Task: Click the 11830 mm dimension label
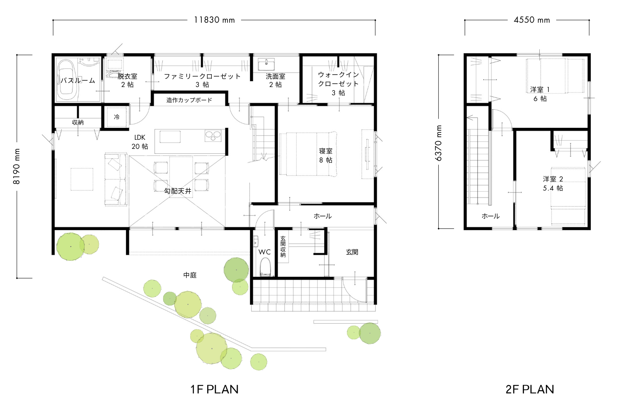point(214,20)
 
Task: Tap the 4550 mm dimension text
point(531,20)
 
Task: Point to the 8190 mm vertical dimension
point(17,166)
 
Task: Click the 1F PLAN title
point(214,389)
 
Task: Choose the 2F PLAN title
point(530,389)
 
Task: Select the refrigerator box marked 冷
point(117,117)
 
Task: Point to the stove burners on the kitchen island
point(213,136)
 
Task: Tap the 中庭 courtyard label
point(190,275)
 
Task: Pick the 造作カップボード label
point(189,100)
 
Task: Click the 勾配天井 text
point(178,191)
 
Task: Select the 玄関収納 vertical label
point(283,247)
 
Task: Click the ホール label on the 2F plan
point(491,216)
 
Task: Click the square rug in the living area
point(82,179)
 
